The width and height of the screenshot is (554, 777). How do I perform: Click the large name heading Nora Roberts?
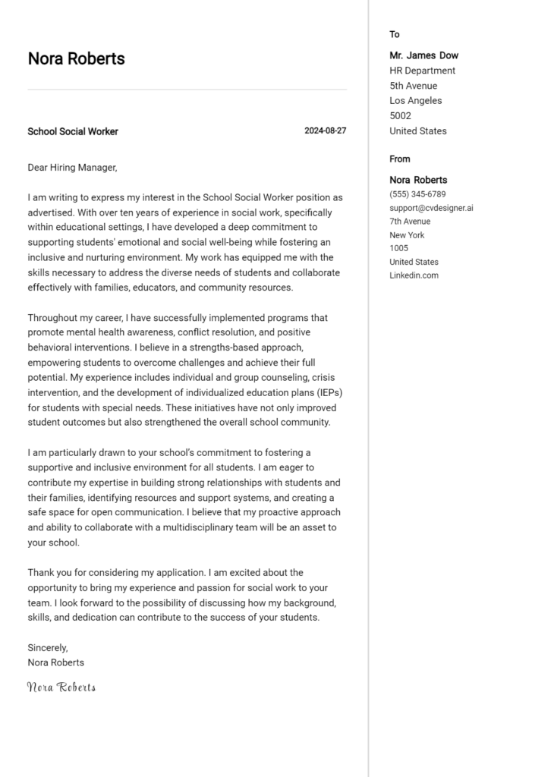[76, 58]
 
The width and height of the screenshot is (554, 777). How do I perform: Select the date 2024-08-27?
[325, 131]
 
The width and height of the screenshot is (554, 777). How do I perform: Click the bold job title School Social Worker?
[73, 131]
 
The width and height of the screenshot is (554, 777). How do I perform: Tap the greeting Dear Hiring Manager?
[72, 168]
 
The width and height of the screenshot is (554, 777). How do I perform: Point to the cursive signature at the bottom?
[61, 687]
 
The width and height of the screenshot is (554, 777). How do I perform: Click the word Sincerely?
[48, 647]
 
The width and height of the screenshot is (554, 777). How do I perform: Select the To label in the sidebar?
[395, 34]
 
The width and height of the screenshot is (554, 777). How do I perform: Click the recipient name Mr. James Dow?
[423, 55]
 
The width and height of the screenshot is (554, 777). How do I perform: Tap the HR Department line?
[422, 71]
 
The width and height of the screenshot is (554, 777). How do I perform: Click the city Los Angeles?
[415, 101]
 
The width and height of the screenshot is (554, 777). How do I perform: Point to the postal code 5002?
[400, 116]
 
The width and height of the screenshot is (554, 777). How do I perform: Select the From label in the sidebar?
[399, 159]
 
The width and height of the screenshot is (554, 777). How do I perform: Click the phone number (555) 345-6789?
[417, 194]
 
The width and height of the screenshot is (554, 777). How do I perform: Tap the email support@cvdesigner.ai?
[431, 208]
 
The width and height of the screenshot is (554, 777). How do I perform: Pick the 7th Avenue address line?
[410, 222]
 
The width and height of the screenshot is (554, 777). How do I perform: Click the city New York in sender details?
[407, 235]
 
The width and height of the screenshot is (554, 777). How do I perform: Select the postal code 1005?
[398, 248]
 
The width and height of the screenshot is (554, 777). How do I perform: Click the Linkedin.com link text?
[414, 275]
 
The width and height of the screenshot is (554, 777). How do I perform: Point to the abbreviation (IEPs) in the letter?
[323, 392]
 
